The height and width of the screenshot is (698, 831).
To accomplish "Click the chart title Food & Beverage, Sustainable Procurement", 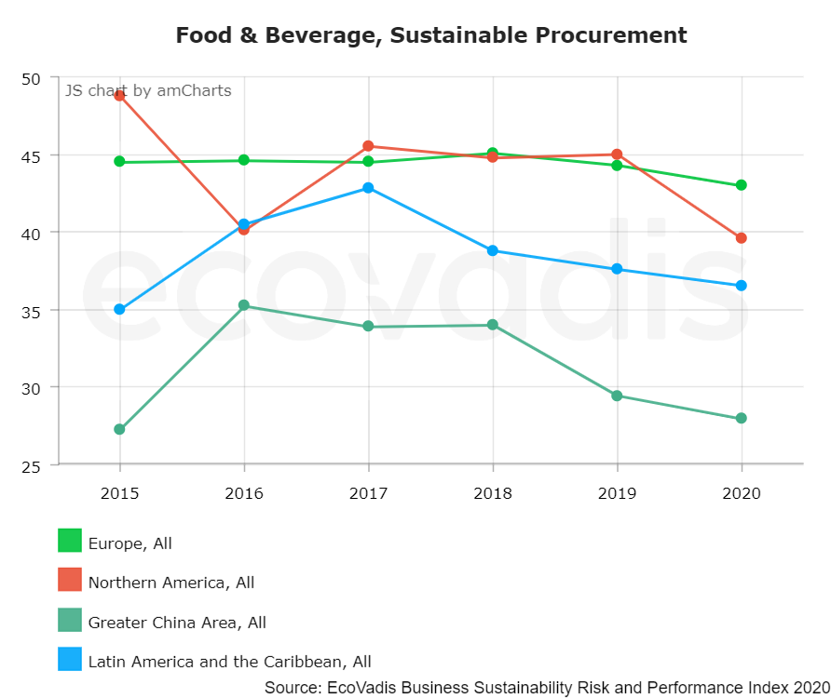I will point(431,35).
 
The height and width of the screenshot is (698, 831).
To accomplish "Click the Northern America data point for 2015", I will point(119,96).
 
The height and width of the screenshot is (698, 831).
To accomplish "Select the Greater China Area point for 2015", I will point(119,429).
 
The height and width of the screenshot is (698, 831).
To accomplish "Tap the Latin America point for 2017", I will point(368,188).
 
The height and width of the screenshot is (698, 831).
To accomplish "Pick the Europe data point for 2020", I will point(741,185).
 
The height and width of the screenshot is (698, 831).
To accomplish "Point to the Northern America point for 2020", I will point(741,238).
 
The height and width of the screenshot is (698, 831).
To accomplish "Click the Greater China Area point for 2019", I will point(617,396).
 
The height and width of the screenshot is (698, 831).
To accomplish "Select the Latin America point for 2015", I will point(119,309).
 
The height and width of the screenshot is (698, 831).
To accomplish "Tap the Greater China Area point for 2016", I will point(244,305).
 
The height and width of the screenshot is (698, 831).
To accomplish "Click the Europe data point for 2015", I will point(119,162).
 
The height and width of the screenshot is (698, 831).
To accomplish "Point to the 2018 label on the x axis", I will point(493,492).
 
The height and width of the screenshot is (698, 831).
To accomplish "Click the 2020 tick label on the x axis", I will point(741,492).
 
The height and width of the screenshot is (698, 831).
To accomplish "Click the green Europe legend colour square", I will point(70,541).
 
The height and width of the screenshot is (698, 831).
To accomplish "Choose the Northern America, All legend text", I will point(171,583).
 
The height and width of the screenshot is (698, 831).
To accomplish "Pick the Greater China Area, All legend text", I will point(177,623).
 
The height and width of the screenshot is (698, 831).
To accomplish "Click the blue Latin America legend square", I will point(70,660).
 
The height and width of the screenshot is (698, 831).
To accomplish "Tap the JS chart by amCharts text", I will point(147,90).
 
